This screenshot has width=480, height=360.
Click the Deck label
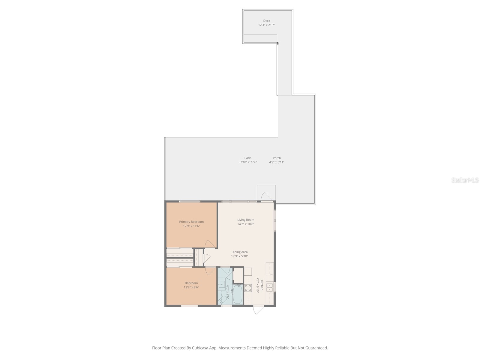(x=267, y=21)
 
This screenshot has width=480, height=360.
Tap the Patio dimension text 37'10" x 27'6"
(x=248, y=162)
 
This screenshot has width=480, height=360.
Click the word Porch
(x=277, y=158)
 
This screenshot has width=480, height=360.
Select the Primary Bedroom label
(x=191, y=222)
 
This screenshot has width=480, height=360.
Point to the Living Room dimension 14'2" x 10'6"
(x=246, y=224)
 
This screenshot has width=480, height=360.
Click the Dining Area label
(x=239, y=252)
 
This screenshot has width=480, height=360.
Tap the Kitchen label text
(x=262, y=285)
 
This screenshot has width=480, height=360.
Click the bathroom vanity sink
(x=222, y=284)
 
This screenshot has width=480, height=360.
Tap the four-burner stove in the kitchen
(x=248, y=288)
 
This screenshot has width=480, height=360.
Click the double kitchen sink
(x=270, y=287)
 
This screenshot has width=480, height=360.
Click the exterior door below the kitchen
(x=258, y=309)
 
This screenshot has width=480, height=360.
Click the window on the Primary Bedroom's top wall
(x=190, y=201)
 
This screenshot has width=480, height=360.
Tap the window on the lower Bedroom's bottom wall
(x=189, y=306)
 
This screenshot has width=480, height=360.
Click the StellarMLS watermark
(x=465, y=180)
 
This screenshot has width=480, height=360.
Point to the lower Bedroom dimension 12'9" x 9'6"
(x=191, y=287)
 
